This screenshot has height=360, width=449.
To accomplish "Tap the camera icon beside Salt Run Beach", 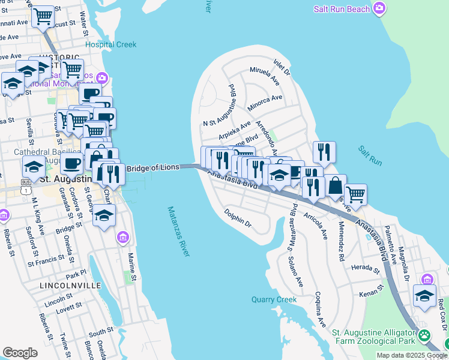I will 379,8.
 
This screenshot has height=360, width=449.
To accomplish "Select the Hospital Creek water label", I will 110,44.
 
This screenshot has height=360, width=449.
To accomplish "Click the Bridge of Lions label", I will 153,168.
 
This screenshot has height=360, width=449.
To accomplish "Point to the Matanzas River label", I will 179,231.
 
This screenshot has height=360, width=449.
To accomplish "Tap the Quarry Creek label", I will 274,299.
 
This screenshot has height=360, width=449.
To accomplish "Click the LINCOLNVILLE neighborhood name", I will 70,286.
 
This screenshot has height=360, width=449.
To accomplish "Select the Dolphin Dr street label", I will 238,217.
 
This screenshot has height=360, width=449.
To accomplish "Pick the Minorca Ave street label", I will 267,98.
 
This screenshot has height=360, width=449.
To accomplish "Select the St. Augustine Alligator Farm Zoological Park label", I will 373,337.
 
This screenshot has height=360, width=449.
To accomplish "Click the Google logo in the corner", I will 20,352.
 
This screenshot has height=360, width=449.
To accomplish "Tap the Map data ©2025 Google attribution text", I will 412,355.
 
